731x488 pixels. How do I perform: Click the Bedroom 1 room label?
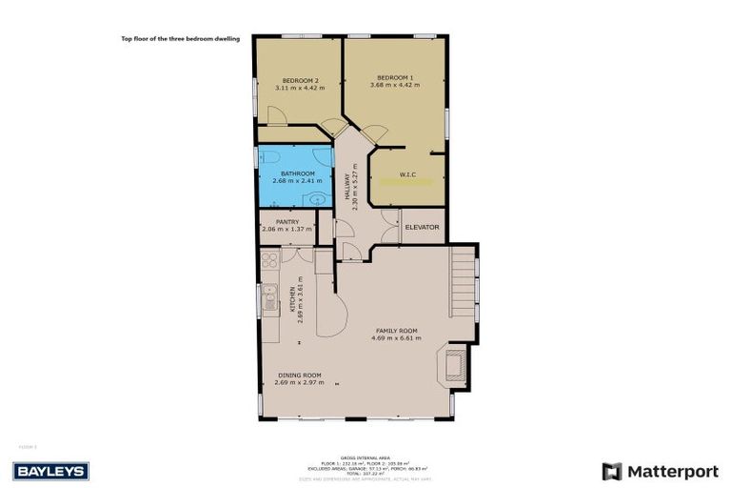click(395, 77)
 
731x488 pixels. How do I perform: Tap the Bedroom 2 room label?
click(300, 80)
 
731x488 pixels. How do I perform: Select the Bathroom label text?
click(297, 173)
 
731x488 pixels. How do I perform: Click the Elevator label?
click(422, 227)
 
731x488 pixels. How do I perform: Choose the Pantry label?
click(287, 222)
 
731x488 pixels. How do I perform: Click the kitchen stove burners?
click(269, 259)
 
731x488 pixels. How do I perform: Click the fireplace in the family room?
click(453, 364)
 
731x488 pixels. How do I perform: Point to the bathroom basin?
click(316, 199)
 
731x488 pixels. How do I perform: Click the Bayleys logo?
click(50, 471)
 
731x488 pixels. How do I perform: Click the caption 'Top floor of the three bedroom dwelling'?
click(180, 39)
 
